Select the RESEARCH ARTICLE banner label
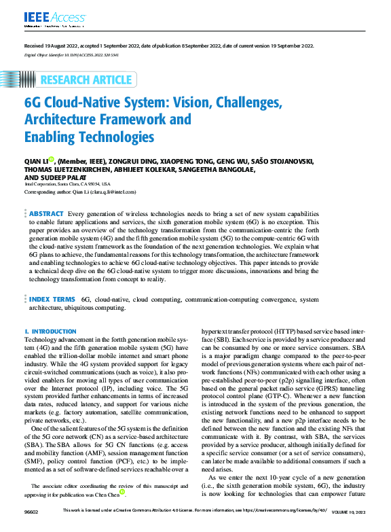pos(86,79)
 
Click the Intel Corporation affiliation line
pos(67,184)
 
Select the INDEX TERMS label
pos(52,298)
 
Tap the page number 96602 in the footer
pos(32,526)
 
